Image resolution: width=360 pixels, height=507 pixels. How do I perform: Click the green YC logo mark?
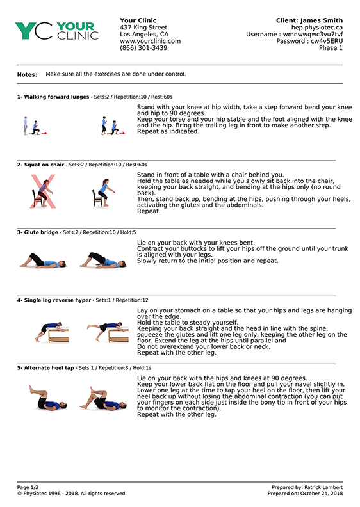coord(34,31)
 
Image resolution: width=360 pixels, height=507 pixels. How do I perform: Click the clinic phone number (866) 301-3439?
coord(143,48)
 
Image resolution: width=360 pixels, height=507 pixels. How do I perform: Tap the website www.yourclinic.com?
coord(151,41)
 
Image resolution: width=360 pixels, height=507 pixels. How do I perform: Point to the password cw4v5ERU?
coord(327,41)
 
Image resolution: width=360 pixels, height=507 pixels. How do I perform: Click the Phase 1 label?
coord(331,48)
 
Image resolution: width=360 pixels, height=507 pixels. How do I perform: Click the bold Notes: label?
coord(27,74)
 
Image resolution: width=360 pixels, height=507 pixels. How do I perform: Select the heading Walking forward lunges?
coord(56,97)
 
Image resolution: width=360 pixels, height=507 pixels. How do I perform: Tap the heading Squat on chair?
coord(44,165)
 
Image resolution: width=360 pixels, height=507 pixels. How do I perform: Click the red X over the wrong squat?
coord(43,191)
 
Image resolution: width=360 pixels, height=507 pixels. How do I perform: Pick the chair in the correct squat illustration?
coord(97,198)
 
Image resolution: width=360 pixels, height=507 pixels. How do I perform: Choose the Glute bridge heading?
coord(41,232)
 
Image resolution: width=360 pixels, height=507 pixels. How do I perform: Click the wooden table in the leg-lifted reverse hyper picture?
coord(119,335)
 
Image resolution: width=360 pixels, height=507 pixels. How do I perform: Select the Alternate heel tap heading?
coord(49,368)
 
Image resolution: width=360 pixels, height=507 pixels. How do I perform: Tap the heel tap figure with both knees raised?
coord(48,398)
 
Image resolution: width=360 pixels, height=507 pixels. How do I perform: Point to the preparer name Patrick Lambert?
coord(323,487)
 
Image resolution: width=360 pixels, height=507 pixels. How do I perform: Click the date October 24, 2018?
coord(322,494)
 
